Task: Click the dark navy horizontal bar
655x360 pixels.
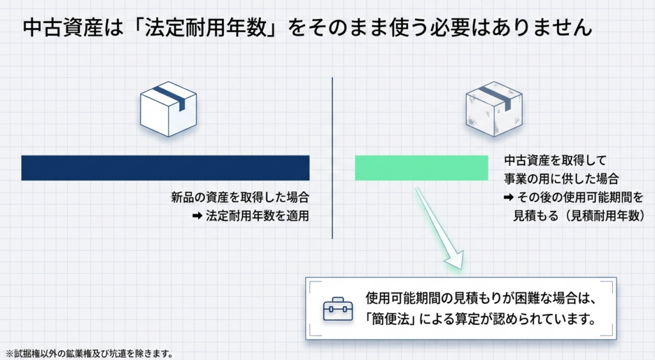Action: [x=166, y=168]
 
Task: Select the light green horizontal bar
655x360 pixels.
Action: [x=422, y=168]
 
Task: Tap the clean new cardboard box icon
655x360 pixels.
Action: [x=168, y=109]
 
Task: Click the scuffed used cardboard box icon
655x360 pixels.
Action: [x=494, y=109]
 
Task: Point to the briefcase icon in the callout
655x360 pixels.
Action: [x=338, y=309]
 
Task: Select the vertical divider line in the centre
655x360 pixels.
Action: [x=333, y=158]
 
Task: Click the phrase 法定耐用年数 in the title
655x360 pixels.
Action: [x=205, y=28]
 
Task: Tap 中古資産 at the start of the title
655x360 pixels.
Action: [x=63, y=28]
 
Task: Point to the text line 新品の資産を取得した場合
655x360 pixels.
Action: [x=241, y=197]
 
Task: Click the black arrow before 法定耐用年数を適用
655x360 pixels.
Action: [x=197, y=216]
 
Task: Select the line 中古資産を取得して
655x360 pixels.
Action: [x=555, y=160]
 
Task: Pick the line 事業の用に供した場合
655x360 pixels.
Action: [x=561, y=179]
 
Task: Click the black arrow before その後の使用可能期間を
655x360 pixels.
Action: [x=509, y=197]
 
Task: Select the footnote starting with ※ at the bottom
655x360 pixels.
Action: [x=90, y=354]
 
